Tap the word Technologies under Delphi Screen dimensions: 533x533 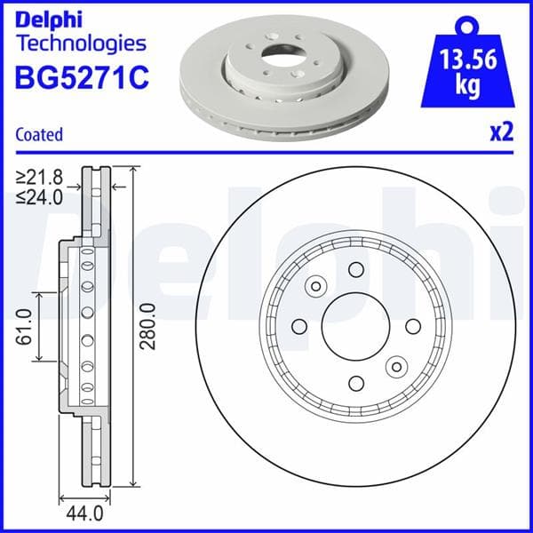coord(81,42)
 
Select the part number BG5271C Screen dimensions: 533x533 coord(82,78)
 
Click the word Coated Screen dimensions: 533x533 coord(39,135)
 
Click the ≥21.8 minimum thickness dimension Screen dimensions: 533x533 coord(39,178)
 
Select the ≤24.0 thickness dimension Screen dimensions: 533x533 coord(39,197)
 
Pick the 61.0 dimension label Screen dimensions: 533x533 coord(24,326)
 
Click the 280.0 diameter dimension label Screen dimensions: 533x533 coord(148,326)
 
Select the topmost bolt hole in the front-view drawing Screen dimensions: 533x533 coord(355,270)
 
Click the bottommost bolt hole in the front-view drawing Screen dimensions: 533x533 coord(355,383)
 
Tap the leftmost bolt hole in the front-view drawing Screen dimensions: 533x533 coord(299,326)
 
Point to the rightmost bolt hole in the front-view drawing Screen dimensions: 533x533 coord(412,326)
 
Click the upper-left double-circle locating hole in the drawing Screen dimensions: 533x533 coord(315,287)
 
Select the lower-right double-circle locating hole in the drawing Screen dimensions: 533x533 coord(395,366)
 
